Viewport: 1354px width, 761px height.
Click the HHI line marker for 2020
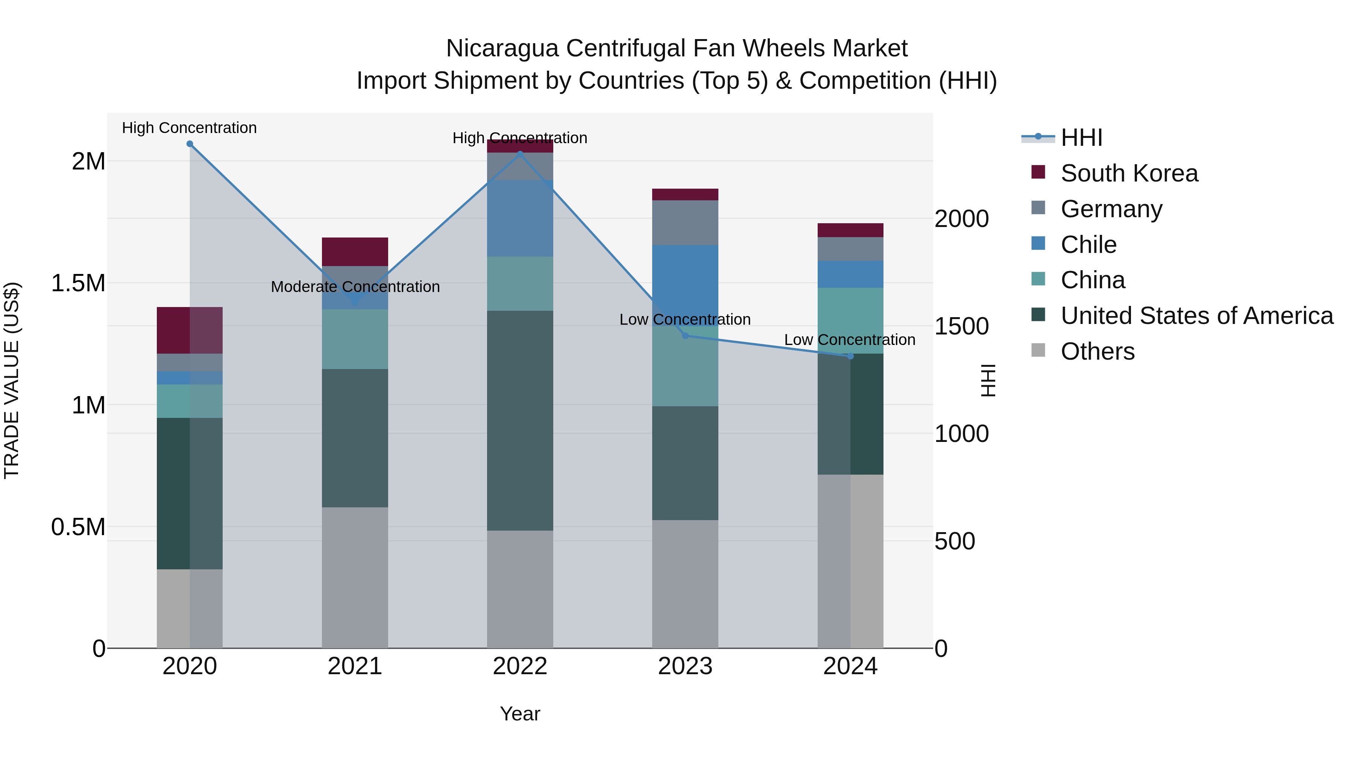pyautogui.click(x=190, y=144)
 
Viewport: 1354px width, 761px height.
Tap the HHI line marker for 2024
pyautogui.click(x=850, y=356)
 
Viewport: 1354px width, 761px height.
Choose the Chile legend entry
pyautogui.click(x=1088, y=245)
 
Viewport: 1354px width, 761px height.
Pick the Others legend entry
pyautogui.click(x=1097, y=351)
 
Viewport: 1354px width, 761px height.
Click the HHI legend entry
pyautogui.click(x=1081, y=138)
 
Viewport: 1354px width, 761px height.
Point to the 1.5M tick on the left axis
pyautogui.click(x=78, y=283)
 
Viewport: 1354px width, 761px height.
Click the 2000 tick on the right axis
pyautogui.click(x=961, y=219)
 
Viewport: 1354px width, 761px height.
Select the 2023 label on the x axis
pyautogui.click(x=685, y=666)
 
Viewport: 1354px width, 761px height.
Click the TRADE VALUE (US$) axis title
pyautogui.click(x=12, y=380)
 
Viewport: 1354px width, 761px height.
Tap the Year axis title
pyautogui.click(x=520, y=714)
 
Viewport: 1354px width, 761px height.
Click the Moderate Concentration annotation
pyautogui.click(x=355, y=287)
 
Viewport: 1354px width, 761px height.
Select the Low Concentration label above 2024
pyautogui.click(x=849, y=340)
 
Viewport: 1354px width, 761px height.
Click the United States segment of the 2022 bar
pyautogui.click(x=520, y=420)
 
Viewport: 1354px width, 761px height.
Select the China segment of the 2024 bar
pyautogui.click(x=850, y=320)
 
